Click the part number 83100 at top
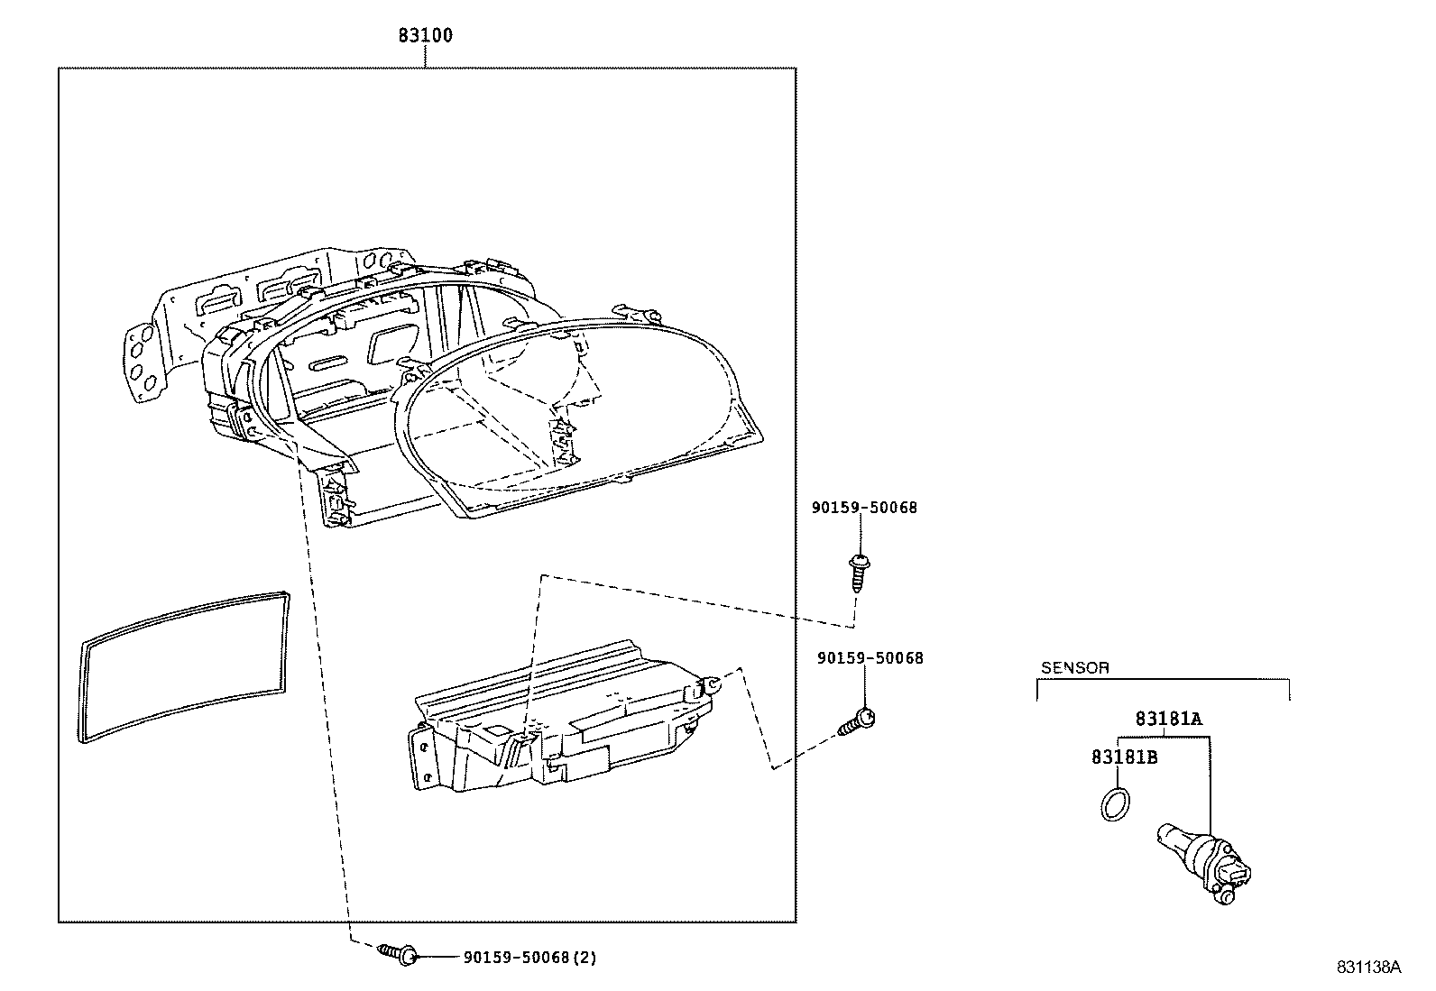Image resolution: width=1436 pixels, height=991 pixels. (x=426, y=36)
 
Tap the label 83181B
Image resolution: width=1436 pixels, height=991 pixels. (x=1124, y=757)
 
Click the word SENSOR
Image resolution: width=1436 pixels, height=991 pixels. (x=1074, y=668)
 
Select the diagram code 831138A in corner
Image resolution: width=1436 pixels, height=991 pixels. (x=1367, y=967)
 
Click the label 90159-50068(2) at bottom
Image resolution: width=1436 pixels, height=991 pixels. (x=529, y=958)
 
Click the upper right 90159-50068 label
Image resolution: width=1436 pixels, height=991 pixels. (x=863, y=508)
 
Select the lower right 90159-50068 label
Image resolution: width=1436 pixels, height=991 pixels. (x=870, y=658)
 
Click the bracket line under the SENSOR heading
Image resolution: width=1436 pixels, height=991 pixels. (x=1164, y=681)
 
